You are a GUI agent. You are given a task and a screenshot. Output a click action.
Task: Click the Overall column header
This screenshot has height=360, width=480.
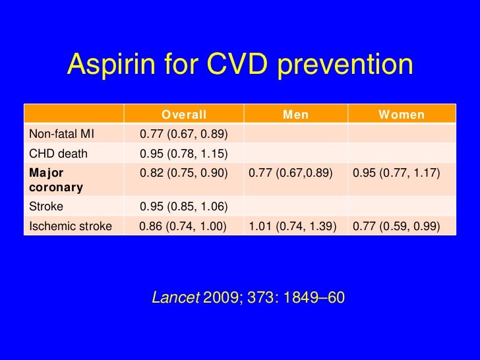(184, 115)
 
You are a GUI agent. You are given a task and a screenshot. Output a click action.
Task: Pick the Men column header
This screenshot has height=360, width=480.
(295, 115)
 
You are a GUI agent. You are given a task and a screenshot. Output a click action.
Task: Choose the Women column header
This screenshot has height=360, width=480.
(401, 115)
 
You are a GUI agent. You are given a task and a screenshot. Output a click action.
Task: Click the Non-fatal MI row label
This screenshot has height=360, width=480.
(61, 135)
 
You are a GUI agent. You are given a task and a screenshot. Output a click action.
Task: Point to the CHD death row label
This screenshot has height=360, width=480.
(59, 154)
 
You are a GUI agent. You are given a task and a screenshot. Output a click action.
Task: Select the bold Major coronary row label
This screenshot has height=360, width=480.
(55, 180)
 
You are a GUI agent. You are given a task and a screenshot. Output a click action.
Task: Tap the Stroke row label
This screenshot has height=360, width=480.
(45, 206)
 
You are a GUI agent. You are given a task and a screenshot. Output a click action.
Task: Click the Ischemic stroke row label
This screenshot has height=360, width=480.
(70, 225)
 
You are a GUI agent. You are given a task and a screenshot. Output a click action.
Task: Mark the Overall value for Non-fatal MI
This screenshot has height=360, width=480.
(184, 135)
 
